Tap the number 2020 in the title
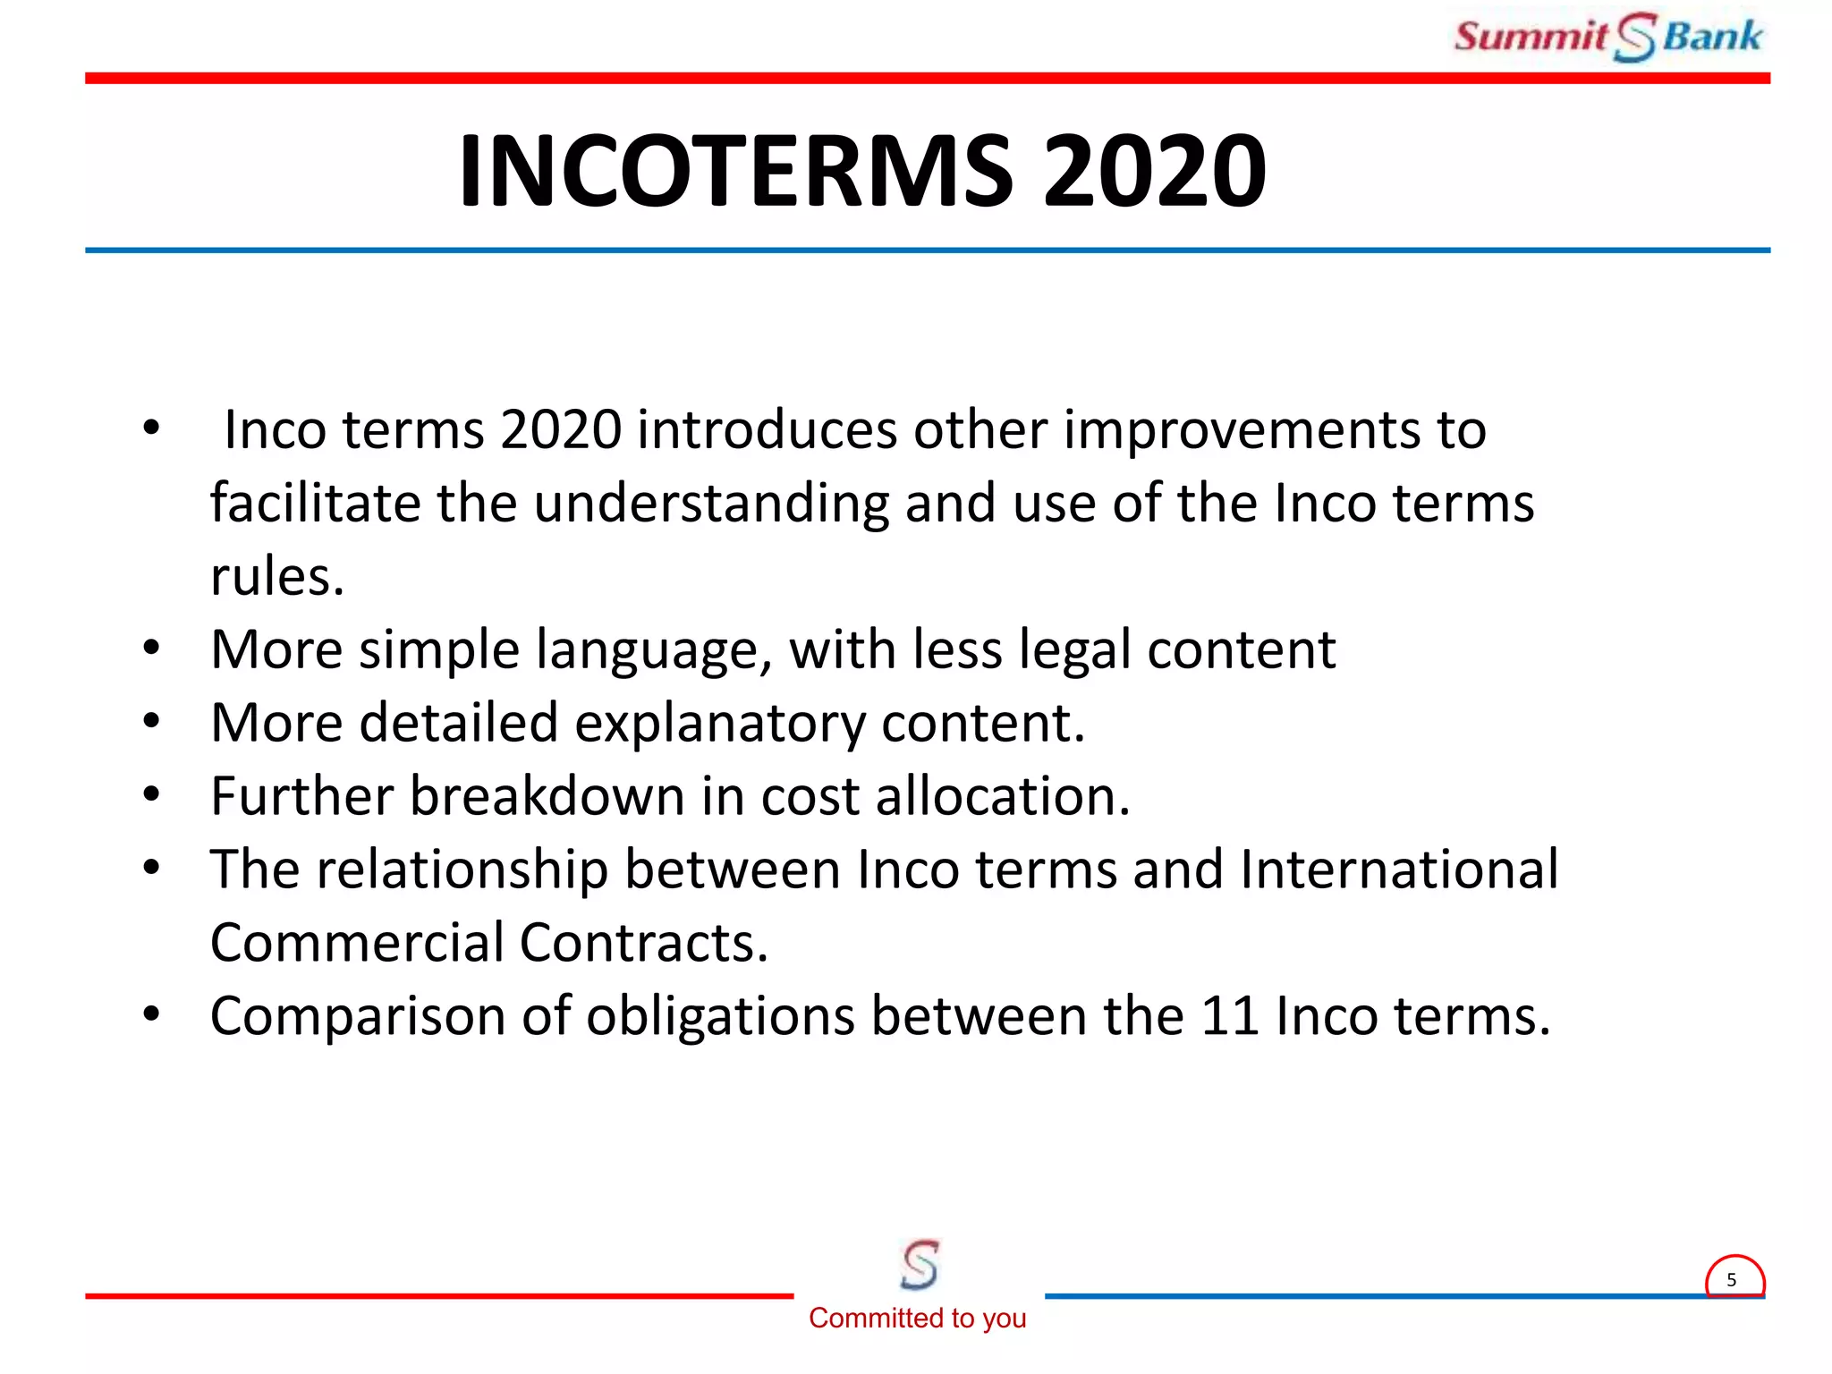[x=1154, y=170]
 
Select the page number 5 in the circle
[x=1732, y=1280]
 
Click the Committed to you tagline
[x=917, y=1318]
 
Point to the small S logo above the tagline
[x=920, y=1264]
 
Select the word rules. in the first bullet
[x=277, y=577]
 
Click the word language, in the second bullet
[x=654, y=650]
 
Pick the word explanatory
[x=720, y=724]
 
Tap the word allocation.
[x=1003, y=796]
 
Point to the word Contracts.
[x=643, y=943]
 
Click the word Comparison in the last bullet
[x=358, y=1017]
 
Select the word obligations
[x=720, y=1017]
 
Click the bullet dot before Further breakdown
[x=151, y=793]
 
